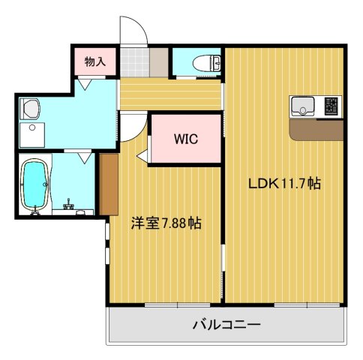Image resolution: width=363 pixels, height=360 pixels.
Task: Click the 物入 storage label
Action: pos(94,61)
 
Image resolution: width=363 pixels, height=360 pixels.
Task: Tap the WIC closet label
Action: pos(185,139)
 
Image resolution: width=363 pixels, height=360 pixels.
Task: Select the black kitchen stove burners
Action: pos(331,107)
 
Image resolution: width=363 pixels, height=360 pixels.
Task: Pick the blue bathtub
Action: pos(35,184)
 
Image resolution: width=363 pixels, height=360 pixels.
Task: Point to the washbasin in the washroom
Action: pos(29,109)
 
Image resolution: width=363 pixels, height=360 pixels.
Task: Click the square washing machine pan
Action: pos(33,136)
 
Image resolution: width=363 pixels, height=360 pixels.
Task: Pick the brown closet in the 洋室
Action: pos(109,183)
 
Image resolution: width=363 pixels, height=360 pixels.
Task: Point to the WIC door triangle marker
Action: pos(142,155)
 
